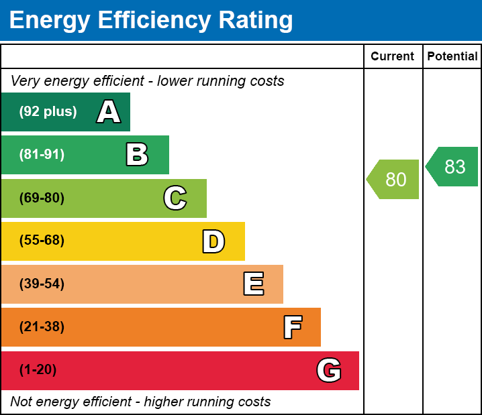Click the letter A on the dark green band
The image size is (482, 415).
[109, 112]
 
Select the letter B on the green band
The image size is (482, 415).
[137, 155]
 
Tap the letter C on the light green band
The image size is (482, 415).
[175, 198]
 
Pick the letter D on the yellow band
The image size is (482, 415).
[213, 241]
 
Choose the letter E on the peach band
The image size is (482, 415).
[253, 284]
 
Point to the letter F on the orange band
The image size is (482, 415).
[292, 327]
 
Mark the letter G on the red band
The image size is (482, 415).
[329, 370]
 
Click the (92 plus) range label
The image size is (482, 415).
[48, 112]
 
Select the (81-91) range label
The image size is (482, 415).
[42, 155]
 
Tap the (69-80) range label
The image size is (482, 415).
[42, 198]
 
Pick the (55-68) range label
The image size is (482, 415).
[42, 241]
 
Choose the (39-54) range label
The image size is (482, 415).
[42, 284]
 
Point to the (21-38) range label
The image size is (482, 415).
[42, 327]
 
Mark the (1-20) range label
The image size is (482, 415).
[38, 370]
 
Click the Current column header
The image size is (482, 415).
[393, 57]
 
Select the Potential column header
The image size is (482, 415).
[452, 57]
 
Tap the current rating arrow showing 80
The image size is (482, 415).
[394, 180]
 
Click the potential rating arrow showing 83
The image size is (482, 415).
[453, 166]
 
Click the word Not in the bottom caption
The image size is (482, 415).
[21, 402]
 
